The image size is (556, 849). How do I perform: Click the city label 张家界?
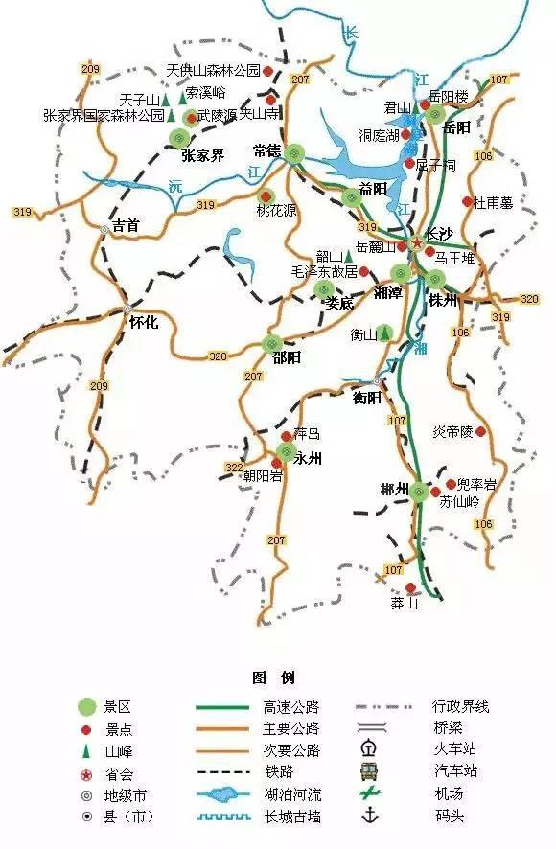[203, 155]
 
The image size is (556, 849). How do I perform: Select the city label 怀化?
[143, 323]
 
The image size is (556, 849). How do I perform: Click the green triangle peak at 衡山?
[384, 333]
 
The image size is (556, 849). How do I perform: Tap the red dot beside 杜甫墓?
[467, 202]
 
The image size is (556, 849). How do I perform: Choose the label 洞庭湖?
[381, 134]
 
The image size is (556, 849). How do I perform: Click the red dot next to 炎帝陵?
[480, 432]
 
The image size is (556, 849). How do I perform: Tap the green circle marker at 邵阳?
[271, 343]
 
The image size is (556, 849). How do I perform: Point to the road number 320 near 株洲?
[529, 299]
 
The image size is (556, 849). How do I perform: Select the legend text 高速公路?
[290, 707]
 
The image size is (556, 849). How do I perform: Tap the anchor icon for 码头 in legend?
[366, 815]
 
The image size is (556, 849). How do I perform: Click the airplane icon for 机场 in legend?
[366, 793]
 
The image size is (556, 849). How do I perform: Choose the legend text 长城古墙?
[290, 815]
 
